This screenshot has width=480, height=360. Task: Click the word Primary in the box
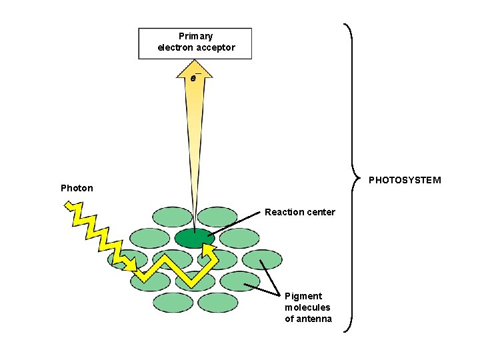196,36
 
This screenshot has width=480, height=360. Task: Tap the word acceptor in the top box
215,47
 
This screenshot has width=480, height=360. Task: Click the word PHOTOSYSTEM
405,180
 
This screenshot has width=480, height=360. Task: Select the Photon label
77,188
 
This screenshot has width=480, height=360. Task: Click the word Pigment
303,296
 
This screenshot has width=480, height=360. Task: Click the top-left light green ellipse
173,216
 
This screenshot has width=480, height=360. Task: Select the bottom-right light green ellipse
218,303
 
